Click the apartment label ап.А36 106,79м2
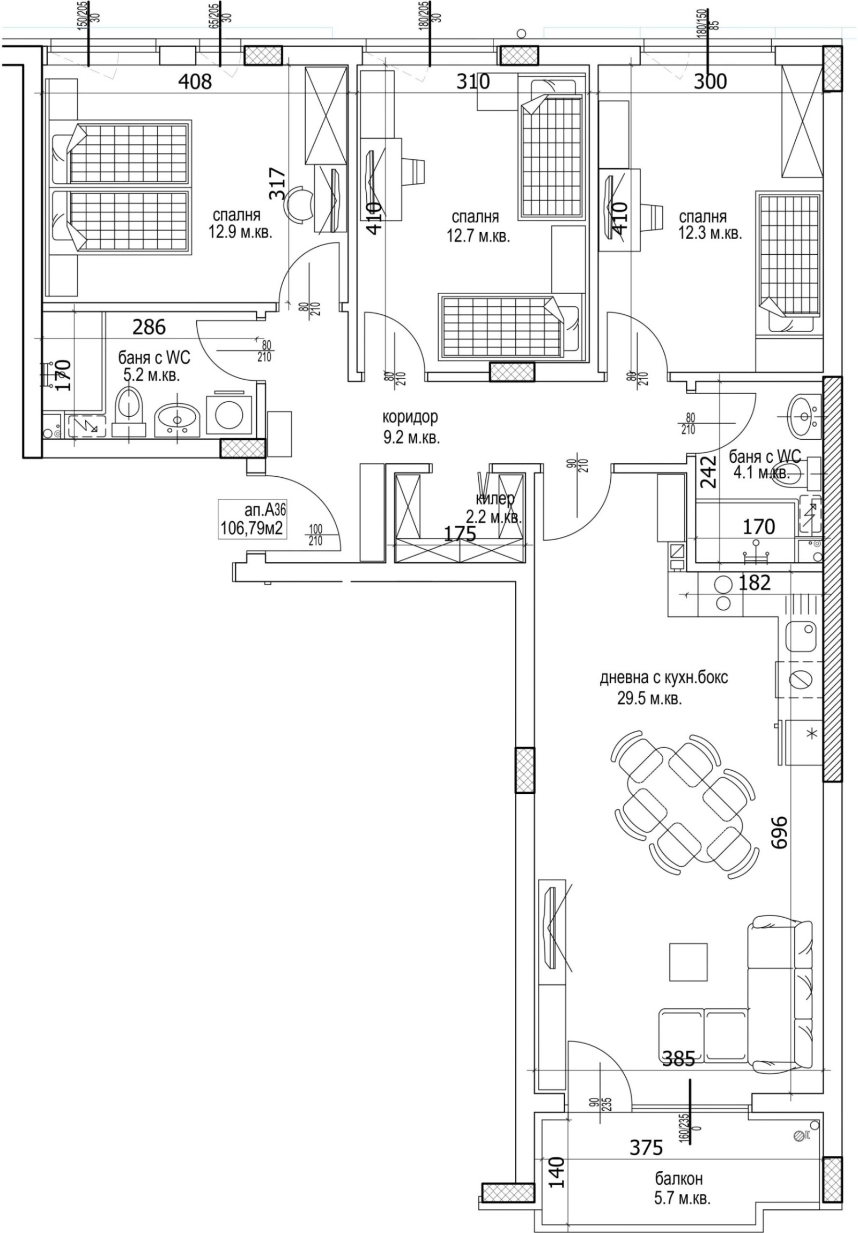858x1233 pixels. pyautogui.click(x=252, y=520)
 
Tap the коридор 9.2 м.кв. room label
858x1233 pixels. pyautogui.click(x=411, y=427)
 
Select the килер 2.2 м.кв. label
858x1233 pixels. pyautogui.click(x=494, y=508)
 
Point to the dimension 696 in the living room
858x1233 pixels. pyautogui.click(x=779, y=833)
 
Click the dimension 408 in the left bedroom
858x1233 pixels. pyautogui.click(x=195, y=82)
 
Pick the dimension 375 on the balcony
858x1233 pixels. pyautogui.click(x=646, y=1148)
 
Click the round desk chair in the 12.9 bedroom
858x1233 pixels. pyautogui.click(x=299, y=204)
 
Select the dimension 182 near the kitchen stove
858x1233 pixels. pyautogui.click(x=755, y=582)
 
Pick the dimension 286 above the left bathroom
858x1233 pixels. pyautogui.click(x=149, y=327)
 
